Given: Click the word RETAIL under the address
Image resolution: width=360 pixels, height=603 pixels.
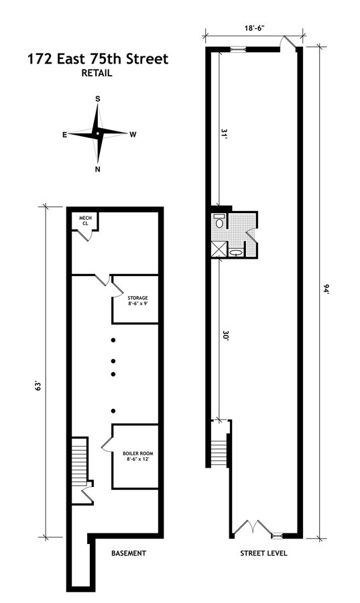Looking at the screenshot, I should tap(98, 74).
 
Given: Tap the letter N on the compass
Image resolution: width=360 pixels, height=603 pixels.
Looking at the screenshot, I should tap(98, 169).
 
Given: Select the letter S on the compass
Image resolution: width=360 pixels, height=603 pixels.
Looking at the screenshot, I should tap(98, 99).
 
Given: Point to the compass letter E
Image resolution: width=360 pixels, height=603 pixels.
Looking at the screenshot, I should tap(64, 135).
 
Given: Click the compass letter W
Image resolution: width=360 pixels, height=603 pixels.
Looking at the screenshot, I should tap(133, 135).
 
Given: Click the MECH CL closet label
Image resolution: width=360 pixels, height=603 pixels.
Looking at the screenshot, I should tap(85, 220).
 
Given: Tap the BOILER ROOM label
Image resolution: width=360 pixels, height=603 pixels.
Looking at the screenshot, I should tap(136, 455).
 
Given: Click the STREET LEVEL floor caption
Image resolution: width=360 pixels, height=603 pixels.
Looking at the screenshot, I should tap(264, 553).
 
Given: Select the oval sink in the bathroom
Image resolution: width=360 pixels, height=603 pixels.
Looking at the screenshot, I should tap(236, 253).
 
